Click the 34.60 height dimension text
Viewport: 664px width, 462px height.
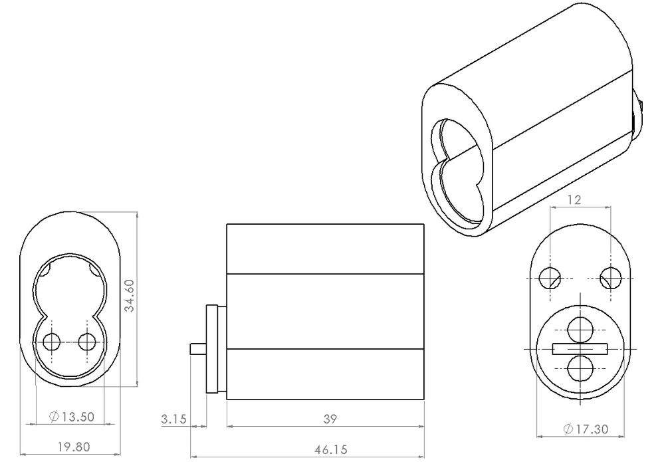pyautogui.click(x=130, y=296)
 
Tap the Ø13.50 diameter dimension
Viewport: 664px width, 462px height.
pyautogui.click(x=72, y=417)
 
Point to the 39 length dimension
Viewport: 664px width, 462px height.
pyautogui.click(x=330, y=419)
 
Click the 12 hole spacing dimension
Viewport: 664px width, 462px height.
pyautogui.click(x=575, y=199)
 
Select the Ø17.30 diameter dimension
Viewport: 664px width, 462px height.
pyautogui.click(x=584, y=429)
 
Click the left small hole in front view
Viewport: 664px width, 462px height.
pyautogui.click(x=51, y=342)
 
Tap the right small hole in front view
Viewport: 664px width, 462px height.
pyautogui.click(x=87, y=342)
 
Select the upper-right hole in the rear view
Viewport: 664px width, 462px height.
pyautogui.click(x=611, y=277)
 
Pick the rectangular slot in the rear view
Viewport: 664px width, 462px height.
pyautogui.click(x=580, y=348)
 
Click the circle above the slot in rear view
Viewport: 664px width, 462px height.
pyautogui.click(x=580, y=328)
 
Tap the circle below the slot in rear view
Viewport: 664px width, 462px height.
pyautogui.click(x=580, y=368)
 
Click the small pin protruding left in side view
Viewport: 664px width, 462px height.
pyautogui.click(x=197, y=348)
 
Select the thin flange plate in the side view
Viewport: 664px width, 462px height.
pyautogui.click(x=213, y=348)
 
